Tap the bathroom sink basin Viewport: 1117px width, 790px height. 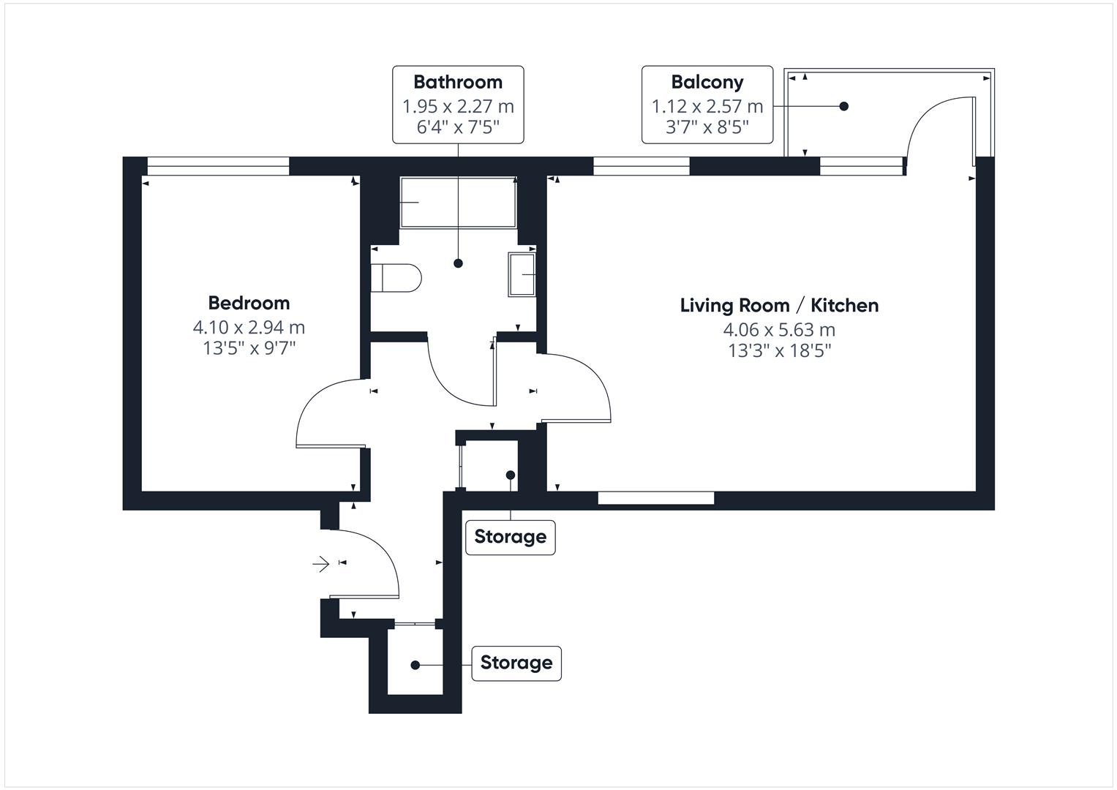522,274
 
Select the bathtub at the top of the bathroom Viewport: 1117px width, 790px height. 458,202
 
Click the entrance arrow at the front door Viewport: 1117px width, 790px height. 320,564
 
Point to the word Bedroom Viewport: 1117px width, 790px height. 249,303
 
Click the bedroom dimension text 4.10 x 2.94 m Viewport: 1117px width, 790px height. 249,327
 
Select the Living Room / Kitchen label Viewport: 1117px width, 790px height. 779,305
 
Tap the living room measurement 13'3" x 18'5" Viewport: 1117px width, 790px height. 779,351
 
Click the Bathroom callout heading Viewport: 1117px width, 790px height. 458,82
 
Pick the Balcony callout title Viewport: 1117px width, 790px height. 707,82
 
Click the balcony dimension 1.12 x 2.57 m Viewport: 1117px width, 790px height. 707,107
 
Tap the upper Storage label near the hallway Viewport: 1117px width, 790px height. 510,537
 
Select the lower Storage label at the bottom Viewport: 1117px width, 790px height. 516,663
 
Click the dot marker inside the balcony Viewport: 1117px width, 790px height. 843,106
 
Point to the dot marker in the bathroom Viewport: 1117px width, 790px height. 459,263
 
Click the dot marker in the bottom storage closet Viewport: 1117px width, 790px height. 415,665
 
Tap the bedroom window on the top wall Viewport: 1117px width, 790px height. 218,167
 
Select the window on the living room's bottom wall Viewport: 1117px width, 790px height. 655,499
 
